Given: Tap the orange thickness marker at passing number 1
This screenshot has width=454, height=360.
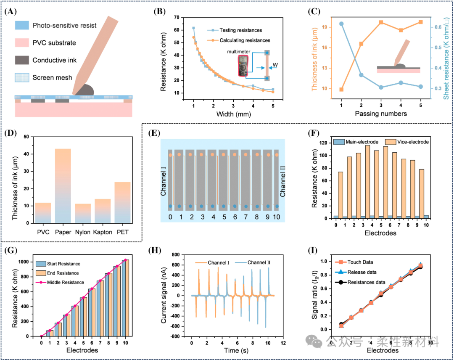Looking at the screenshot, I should click(341, 89).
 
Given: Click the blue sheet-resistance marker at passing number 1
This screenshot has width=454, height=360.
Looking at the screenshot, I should click(341, 24).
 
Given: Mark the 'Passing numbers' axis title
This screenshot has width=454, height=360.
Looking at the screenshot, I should click(381, 114).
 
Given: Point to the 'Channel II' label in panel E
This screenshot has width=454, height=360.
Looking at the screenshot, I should click(282, 180).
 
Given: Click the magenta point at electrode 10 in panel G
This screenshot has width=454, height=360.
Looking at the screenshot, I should click(125, 260).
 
